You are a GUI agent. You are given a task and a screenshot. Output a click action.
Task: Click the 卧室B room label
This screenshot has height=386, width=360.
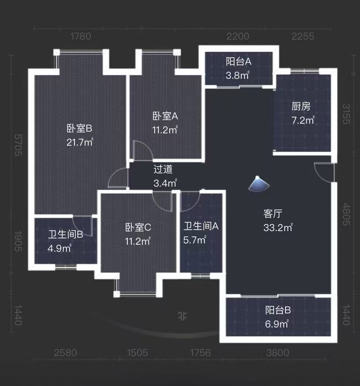[x=79, y=129]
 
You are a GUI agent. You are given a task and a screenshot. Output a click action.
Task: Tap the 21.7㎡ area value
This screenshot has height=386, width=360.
[x=80, y=142]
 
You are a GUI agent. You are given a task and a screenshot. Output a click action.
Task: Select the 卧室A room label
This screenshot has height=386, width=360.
[x=165, y=116]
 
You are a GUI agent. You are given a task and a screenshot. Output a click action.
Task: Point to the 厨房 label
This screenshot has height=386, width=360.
[x=301, y=106]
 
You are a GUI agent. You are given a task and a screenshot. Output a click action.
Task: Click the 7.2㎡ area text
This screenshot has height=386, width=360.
[x=303, y=120]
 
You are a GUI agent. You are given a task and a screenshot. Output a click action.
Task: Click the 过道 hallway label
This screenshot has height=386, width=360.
[x=163, y=169]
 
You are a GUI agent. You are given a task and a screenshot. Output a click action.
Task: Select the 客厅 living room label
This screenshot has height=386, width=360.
[x=273, y=214]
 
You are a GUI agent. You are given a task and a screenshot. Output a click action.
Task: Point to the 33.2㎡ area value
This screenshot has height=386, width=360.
[x=277, y=228]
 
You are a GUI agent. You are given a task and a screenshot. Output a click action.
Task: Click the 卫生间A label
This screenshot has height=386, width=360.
[x=201, y=226]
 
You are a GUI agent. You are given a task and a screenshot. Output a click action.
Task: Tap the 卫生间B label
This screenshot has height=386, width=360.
[x=66, y=235]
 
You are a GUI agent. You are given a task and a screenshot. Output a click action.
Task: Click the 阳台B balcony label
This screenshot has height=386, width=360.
[x=278, y=310]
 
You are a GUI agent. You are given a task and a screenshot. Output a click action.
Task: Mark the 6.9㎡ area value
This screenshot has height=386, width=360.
[x=277, y=324]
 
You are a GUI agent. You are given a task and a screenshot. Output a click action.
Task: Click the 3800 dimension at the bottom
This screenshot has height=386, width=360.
[x=278, y=353]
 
